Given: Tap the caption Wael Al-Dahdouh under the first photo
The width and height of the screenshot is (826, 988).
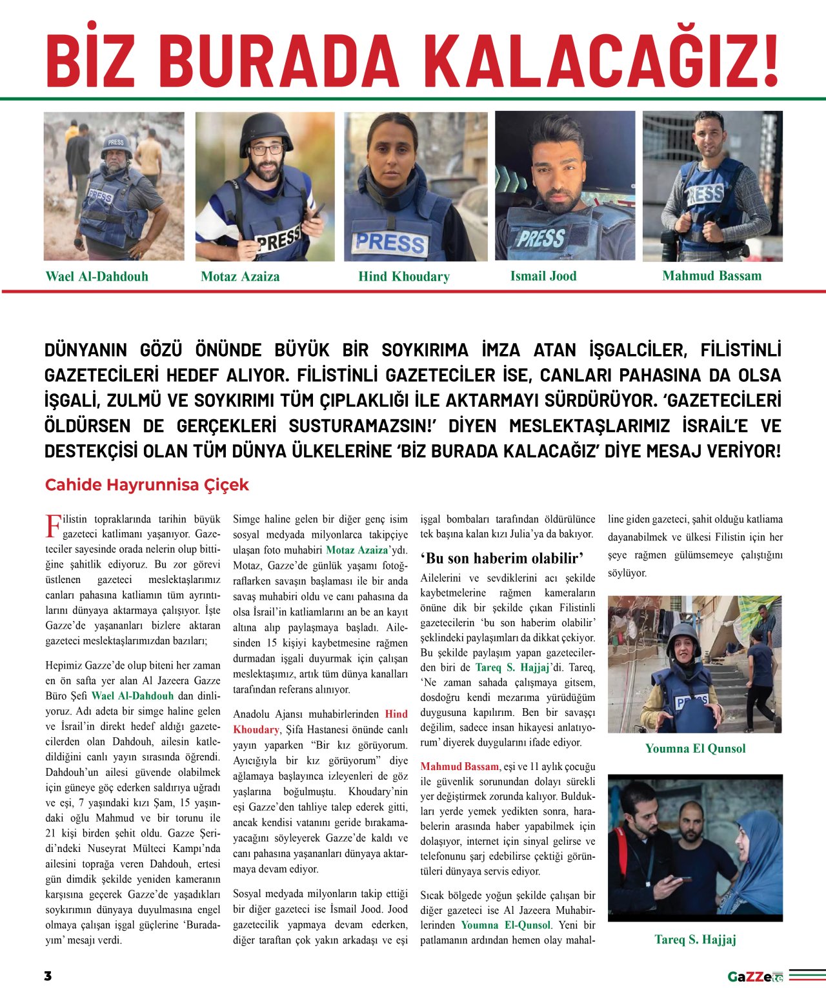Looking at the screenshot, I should (97, 277).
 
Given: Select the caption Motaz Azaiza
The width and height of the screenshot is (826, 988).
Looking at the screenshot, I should (240, 277).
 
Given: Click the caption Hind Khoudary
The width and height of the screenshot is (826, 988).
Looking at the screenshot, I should (404, 277).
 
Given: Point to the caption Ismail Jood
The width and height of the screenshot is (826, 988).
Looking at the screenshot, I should (543, 276).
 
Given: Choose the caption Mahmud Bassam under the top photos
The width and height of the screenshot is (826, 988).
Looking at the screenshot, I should (712, 276).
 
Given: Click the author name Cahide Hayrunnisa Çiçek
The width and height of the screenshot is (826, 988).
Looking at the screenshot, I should (146, 485).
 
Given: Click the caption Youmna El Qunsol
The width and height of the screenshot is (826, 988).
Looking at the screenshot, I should (695, 749).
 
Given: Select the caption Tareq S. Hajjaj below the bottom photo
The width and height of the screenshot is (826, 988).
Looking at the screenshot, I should (695, 939).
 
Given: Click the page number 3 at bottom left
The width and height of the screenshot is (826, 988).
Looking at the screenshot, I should (48, 976).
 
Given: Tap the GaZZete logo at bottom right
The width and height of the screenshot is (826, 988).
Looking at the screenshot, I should (755, 976).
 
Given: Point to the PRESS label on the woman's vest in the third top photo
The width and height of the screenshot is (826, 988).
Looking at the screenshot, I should (390, 242).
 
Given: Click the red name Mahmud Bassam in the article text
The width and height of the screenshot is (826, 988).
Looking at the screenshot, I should (459, 766).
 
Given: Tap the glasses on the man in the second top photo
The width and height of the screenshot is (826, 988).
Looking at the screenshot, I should (266, 150).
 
